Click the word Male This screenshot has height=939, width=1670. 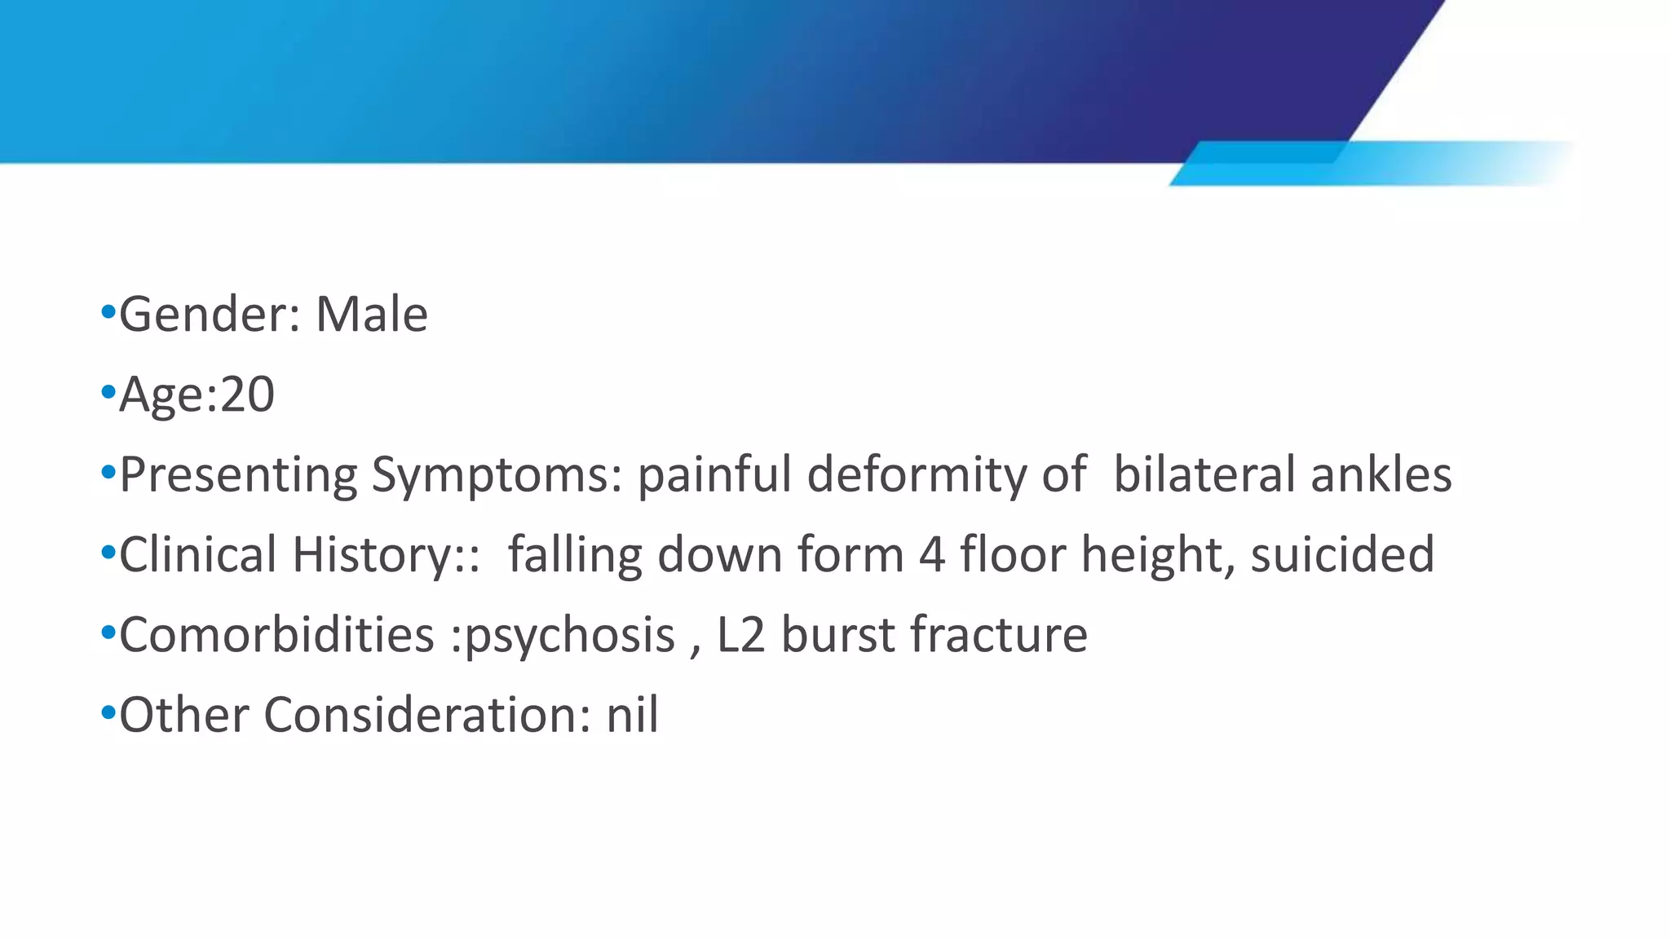click(371, 315)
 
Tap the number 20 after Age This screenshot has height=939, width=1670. click(247, 395)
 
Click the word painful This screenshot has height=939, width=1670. click(714, 475)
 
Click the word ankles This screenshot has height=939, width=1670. click(1381, 475)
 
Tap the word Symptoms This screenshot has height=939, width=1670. click(497, 475)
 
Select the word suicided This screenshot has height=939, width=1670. click(1342, 555)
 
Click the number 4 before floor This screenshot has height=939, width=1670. click(931, 555)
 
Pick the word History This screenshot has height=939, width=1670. click(373, 555)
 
